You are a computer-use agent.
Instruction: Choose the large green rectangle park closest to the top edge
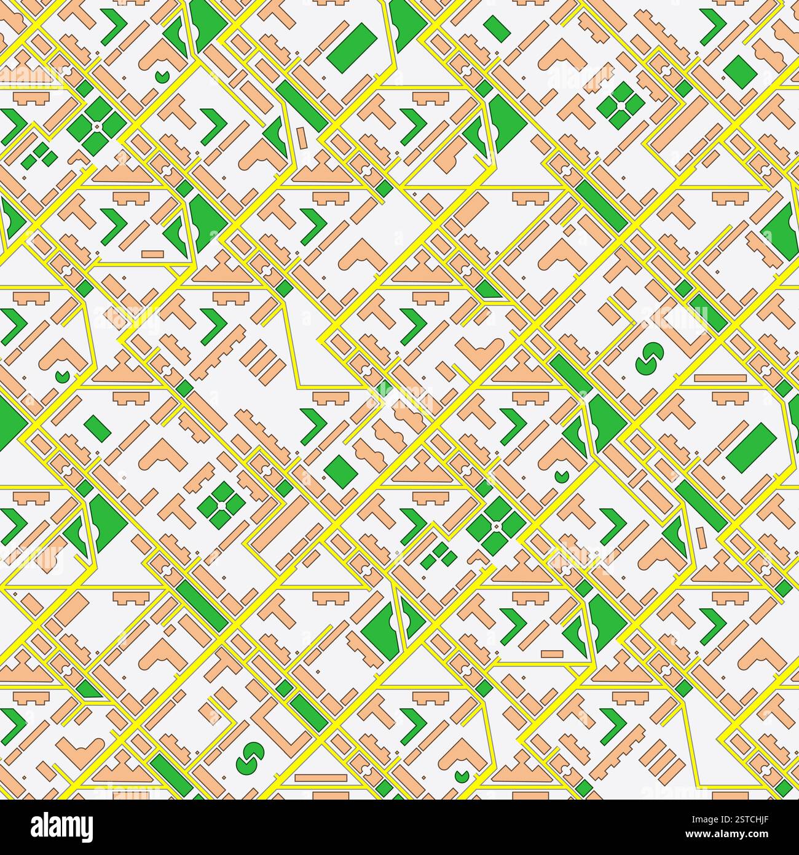click(x=352, y=45)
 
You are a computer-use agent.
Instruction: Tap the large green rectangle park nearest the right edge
click(x=750, y=447)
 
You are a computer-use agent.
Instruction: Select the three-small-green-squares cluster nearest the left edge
click(x=38, y=155)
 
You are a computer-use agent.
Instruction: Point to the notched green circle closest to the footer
click(x=462, y=774)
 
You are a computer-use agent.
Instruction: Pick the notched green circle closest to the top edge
click(x=162, y=76)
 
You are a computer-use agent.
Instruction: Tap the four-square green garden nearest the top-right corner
click(x=621, y=106)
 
